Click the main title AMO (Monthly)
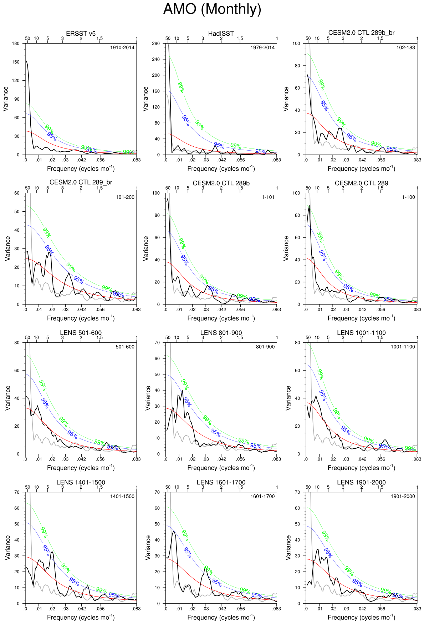[212, 9]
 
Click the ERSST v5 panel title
[81, 34]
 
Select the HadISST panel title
[221, 34]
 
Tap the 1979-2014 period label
[262, 47]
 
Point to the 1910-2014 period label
[122, 47]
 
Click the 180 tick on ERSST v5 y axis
[16, 44]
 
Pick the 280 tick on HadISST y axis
[156, 44]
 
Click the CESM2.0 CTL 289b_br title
[361, 33]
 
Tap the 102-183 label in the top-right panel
[406, 47]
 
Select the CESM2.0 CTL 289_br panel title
[81, 182]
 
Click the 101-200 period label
[125, 197]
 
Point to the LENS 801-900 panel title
[221, 333]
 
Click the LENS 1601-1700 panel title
[221, 482]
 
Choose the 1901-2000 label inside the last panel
[403, 496]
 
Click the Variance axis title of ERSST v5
[6, 99]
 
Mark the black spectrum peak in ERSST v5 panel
[26, 61]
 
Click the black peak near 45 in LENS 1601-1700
[174, 532]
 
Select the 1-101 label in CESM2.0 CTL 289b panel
[268, 197]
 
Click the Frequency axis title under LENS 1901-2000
[361, 617]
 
